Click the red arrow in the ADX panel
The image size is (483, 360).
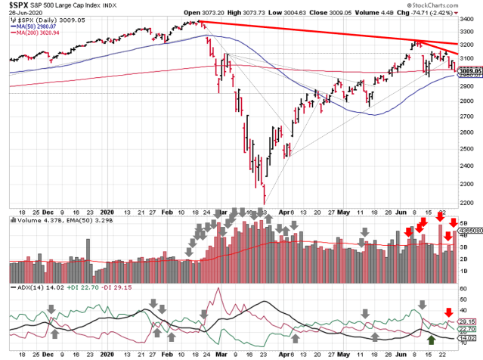448,312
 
